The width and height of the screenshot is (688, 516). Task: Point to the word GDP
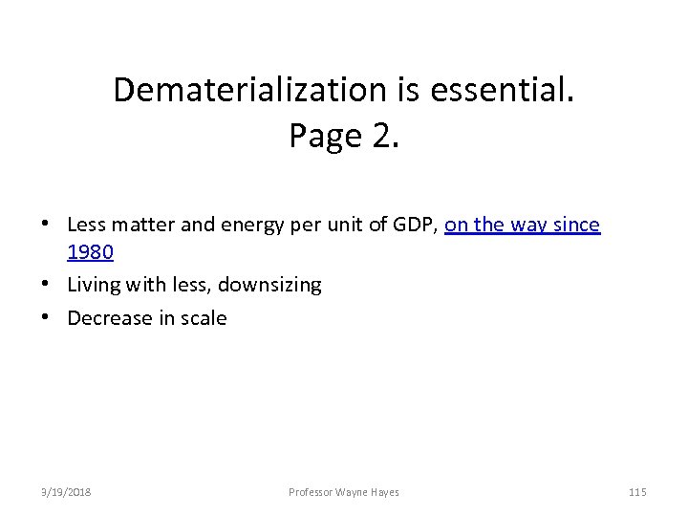414,226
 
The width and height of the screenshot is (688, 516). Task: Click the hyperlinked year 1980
90,253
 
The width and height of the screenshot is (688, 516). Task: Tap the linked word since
573,226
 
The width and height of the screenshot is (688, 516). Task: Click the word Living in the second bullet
93,285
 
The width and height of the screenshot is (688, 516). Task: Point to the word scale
203,318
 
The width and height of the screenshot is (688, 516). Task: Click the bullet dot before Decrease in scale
47,318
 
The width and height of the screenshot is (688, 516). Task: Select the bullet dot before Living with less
47,285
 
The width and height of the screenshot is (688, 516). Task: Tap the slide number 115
637,492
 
